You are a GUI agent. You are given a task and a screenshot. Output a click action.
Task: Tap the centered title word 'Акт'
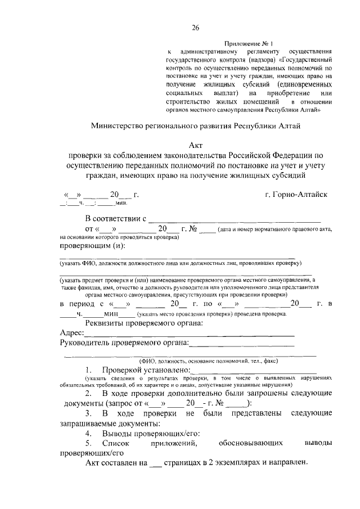[x=196, y=143]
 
